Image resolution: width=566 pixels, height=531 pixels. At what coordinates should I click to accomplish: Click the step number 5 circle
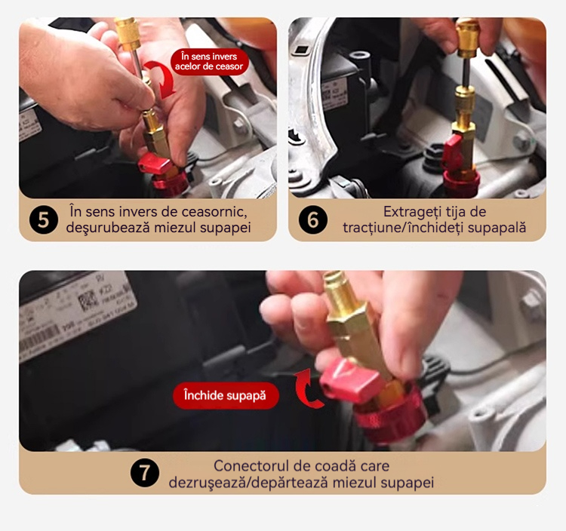[44, 219]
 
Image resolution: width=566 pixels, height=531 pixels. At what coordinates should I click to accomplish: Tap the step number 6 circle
[313, 219]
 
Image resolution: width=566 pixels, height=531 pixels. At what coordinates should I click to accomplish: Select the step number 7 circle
[145, 473]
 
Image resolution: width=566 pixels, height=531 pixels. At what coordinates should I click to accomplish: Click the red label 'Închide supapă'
[226, 395]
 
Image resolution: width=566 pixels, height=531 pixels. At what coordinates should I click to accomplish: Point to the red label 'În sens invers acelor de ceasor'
[209, 61]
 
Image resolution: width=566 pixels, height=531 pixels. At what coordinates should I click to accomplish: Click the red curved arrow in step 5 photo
[161, 78]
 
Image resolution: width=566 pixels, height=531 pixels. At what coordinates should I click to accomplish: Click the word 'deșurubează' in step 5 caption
[108, 228]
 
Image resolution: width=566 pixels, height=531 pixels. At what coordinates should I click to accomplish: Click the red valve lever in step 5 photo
[155, 164]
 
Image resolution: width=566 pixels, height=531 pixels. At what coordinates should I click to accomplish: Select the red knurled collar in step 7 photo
[390, 413]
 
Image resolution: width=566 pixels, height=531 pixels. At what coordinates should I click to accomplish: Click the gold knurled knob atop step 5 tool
[128, 34]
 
